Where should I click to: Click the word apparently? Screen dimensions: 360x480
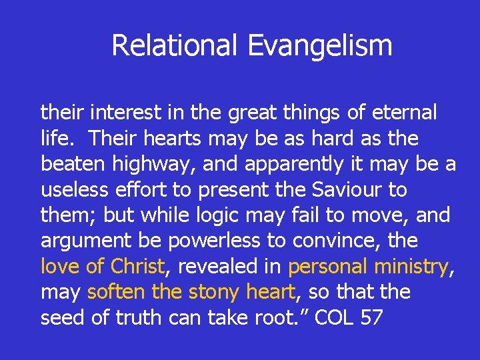[x=288, y=165]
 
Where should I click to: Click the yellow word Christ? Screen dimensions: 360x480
[x=137, y=267]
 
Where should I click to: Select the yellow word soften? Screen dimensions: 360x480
[x=111, y=292]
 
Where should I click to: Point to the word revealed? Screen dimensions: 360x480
[x=219, y=267]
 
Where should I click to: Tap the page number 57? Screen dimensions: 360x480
[x=371, y=317]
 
